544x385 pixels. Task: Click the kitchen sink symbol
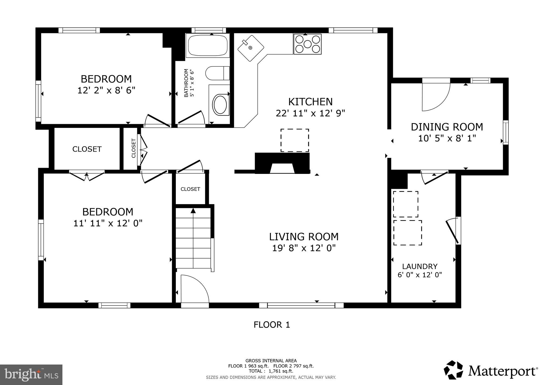click(250, 48)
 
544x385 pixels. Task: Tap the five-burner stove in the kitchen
click(307, 44)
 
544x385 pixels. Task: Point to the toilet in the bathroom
click(217, 73)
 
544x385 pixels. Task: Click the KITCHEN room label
click(310, 102)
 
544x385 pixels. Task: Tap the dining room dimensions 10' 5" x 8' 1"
click(447, 139)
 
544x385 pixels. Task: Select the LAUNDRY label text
click(419, 266)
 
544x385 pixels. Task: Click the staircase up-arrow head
click(193, 211)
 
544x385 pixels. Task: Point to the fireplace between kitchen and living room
click(282, 164)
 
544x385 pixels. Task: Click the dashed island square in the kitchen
click(295, 140)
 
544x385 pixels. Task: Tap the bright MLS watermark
click(31, 375)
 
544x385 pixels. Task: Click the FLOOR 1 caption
click(271, 325)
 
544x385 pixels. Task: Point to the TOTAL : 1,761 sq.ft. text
click(271, 371)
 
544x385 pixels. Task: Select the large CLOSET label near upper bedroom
click(87, 149)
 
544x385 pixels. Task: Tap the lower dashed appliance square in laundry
click(407, 233)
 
